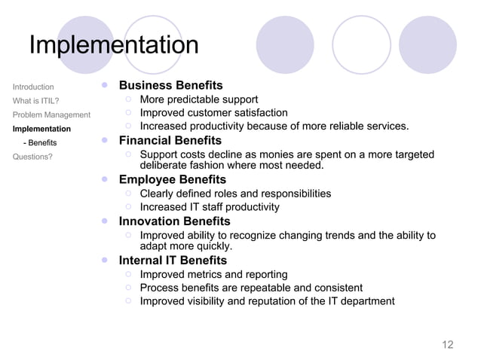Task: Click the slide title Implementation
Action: (x=114, y=45)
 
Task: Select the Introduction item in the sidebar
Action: (x=33, y=87)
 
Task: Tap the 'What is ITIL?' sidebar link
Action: (x=36, y=100)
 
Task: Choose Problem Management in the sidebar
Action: (x=51, y=114)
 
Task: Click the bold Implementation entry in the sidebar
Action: (x=41, y=129)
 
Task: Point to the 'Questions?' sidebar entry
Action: (x=32, y=157)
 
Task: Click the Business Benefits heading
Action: (x=170, y=85)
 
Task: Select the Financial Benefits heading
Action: (x=170, y=141)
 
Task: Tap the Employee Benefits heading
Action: (x=172, y=179)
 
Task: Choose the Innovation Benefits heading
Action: (x=174, y=221)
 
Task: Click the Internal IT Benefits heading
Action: (x=173, y=261)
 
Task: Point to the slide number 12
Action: (x=447, y=345)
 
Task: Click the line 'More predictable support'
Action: (x=199, y=99)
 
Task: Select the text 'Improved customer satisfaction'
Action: (x=214, y=113)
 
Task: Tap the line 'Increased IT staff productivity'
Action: (x=210, y=206)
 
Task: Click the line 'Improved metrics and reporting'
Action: (x=213, y=274)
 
